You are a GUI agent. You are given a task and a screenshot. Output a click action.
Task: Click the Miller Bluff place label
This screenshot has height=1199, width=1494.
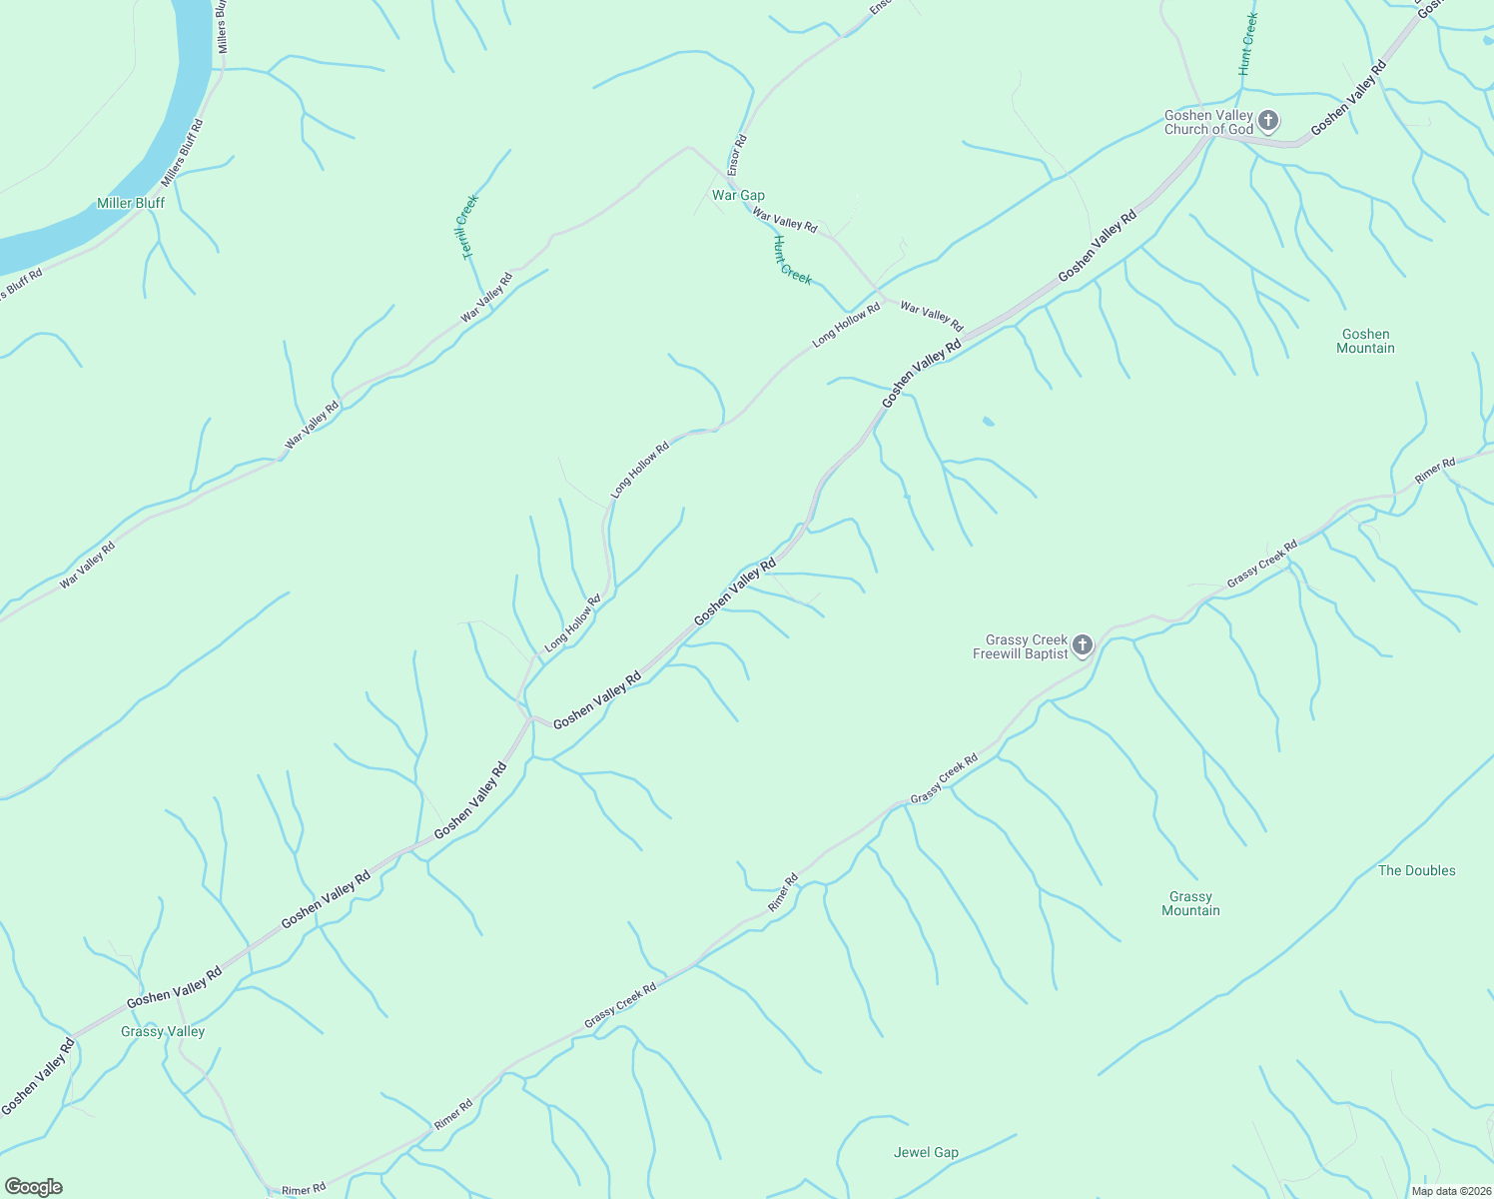pos(131,203)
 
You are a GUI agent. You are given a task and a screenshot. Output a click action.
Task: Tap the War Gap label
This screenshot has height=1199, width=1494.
pos(738,196)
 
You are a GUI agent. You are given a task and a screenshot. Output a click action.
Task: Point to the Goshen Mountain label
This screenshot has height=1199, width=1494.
pos(1365,342)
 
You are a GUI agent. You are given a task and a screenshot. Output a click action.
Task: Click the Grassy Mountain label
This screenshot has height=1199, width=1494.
pos(1190,904)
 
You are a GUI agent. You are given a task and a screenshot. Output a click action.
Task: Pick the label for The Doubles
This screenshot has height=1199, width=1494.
pos(1416,870)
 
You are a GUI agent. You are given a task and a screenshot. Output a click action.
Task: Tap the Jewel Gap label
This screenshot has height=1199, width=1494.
pos(926,1152)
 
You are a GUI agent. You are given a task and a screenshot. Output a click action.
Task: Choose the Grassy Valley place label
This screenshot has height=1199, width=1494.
pos(163,1031)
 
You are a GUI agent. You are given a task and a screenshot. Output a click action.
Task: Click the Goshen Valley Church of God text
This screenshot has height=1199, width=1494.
pos(1208,122)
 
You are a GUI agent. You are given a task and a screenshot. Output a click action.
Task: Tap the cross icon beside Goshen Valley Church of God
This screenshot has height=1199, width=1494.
pos(1267,122)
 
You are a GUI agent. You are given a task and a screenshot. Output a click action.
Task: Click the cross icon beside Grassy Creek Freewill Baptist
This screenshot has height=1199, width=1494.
pos(1083,645)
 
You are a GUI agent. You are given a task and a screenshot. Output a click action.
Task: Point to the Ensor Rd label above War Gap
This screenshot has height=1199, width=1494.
pos(738,156)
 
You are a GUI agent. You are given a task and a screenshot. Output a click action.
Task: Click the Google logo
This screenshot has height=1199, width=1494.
pos(34,1187)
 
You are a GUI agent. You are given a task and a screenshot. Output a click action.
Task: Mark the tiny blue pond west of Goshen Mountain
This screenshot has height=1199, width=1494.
pos(988,422)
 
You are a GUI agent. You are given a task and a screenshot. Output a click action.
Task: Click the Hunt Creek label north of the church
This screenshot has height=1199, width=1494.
pos(1247,45)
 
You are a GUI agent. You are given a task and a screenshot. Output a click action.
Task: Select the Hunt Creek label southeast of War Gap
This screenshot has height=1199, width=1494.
pos(792,260)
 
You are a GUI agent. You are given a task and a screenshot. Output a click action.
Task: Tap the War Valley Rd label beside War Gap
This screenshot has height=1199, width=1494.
pos(785,221)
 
